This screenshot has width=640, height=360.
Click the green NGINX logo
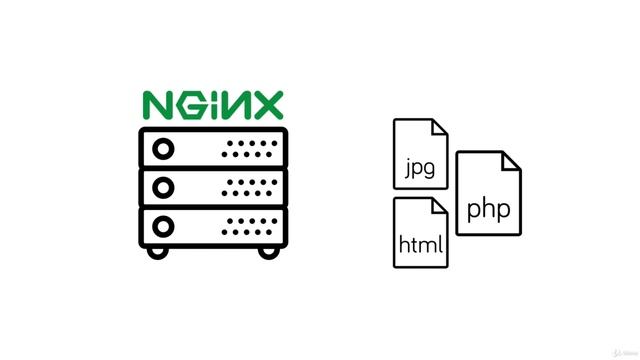pyautogui.click(x=213, y=105)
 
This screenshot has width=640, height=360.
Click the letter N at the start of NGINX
pyautogui.click(x=158, y=105)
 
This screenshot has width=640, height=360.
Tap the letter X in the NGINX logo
pyautogui.click(x=266, y=105)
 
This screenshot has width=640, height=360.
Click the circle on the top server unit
pyautogui.click(x=161, y=149)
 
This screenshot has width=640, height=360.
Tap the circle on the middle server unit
pyautogui.click(x=161, y=186)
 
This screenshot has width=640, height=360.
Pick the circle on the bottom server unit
pyautogui.click(x=161, y=222)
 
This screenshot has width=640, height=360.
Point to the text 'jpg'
pyautogui.click(x=421, y=167)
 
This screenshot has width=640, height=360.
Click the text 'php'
pyautogui.click(x=488, y=210)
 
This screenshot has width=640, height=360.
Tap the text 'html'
pyautogui.click(x=421, y=244)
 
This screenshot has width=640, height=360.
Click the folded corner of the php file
pyautogui.click(x=510, y=162)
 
